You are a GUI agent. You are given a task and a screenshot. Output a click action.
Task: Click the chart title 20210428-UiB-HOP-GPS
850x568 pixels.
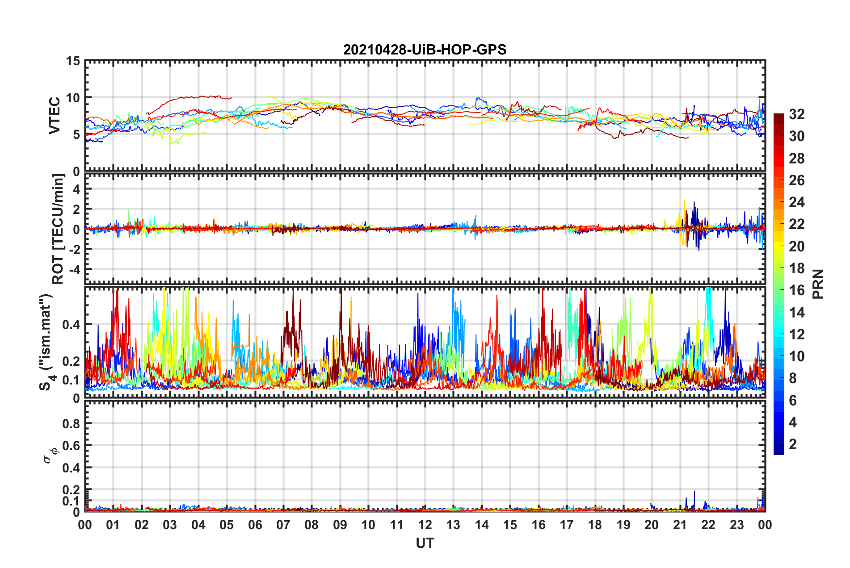coord(425,50)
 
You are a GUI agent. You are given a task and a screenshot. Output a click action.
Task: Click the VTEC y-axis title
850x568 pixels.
coord(55,115)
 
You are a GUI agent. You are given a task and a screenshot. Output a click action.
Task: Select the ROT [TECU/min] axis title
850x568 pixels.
coord(58,229)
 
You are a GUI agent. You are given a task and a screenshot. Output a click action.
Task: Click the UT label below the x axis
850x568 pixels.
coord(425,543)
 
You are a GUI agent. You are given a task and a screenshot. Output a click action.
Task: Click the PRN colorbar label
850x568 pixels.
coord(818,284)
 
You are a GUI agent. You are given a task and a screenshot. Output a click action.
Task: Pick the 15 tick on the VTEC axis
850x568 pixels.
coord(73,61)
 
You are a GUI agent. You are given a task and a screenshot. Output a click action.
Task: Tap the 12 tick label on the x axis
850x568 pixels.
coord(425,525)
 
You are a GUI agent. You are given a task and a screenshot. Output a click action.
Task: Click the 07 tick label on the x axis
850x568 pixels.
coord(283,525)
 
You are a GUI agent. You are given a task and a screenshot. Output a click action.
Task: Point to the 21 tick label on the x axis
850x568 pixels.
coord(680,525)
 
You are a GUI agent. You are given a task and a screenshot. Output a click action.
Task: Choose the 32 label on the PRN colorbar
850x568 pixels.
coord(796,114)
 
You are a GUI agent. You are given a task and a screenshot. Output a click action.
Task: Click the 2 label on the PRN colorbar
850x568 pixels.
coord(793,444)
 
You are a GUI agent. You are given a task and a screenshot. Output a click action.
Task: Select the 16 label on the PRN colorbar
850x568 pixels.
coord(796,290)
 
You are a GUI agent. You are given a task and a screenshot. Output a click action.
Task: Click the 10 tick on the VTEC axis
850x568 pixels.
coord(73,98)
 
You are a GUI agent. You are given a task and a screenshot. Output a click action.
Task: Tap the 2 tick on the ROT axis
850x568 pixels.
coord(76,209)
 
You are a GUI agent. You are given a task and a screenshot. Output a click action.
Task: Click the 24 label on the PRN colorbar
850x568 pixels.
coord(796,202)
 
